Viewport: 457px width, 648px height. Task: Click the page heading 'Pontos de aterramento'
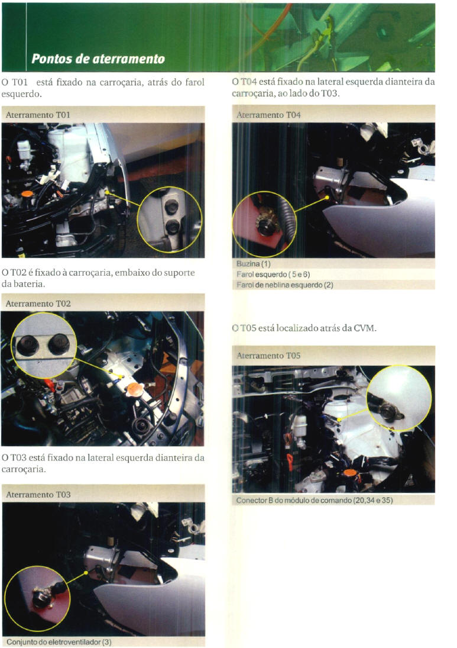pos(98,59)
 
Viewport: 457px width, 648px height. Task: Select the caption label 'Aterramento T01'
pos(38,115)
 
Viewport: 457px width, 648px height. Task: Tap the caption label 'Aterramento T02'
pos(38,304)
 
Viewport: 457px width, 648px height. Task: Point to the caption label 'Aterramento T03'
pos(38,494)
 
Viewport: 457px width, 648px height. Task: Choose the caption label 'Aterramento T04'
pos(268,115)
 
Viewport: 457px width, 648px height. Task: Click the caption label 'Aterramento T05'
pos(268,356)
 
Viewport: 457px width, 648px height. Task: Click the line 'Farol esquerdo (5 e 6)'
pos(273,275)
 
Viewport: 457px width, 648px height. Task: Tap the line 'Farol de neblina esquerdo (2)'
pos(284,285)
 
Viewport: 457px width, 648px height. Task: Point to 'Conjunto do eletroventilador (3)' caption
pos(59,642)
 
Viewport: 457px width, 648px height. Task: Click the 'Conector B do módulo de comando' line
pos(315,501)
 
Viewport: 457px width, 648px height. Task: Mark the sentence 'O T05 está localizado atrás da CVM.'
pos(304,328)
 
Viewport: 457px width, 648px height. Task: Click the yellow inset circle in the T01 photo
pos(170,187)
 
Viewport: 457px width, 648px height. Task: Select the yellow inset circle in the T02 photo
pos(43,313)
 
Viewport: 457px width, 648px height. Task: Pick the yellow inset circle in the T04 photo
pos(264,192)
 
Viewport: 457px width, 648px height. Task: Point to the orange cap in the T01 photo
pos(27,194)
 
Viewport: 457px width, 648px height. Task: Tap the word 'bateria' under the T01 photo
pos(30,284)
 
